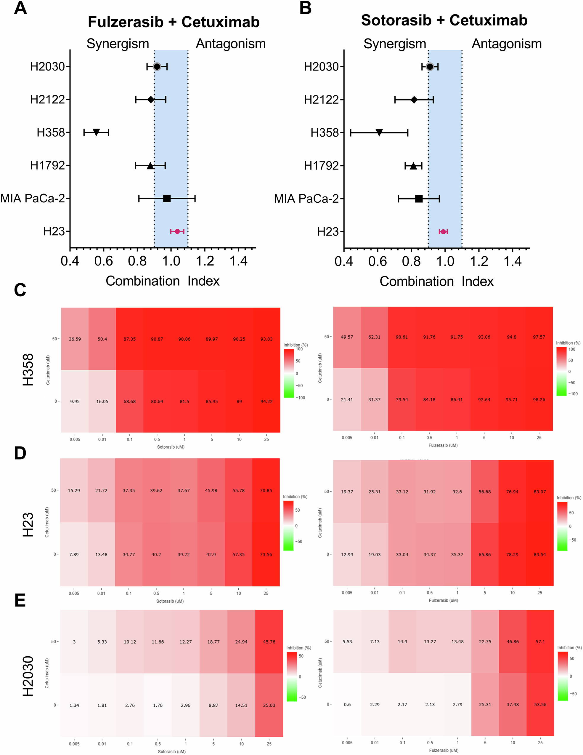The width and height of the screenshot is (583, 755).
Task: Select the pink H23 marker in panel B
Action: pos(443,232)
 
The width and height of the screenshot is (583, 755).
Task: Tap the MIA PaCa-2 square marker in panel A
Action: pos(167,199)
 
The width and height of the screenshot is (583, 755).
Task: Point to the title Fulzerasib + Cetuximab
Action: pos(174,22)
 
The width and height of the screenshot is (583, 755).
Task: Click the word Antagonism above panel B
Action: pos(506,44)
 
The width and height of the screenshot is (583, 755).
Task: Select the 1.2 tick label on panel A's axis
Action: pos(205,261)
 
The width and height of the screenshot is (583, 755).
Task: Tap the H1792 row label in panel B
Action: pos(321,166)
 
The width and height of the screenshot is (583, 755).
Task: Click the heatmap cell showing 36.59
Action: pos(75,339)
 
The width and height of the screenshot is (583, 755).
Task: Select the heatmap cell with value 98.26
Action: pos(539,400)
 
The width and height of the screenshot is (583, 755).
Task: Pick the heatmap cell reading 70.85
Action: pos(266,491)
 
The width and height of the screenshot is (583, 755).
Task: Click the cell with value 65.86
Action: pos(485,554)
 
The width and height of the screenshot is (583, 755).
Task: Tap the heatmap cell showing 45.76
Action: pos(269,642)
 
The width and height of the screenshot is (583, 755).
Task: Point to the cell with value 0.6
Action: pos(347,705)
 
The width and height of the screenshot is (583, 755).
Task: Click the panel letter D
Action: pos(20,453)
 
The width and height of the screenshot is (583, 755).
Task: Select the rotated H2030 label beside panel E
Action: pos(28,676)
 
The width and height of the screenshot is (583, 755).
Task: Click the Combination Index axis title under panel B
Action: pos(436,281)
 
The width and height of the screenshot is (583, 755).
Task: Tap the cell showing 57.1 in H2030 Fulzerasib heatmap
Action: pos(540,642)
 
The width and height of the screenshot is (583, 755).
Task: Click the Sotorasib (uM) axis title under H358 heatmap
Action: pos(171,447)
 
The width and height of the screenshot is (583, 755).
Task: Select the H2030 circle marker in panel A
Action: pos(157,67)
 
